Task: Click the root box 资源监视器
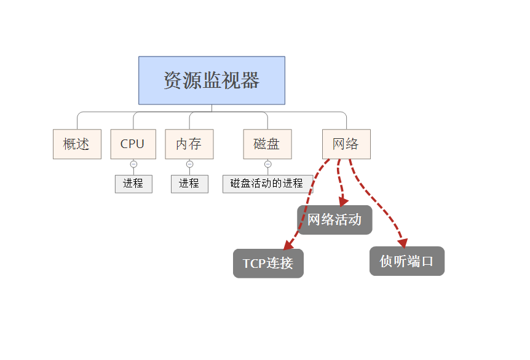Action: (x=212, y=80)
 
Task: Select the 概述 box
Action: (x=77, y=144)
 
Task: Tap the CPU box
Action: (x=133, y=144)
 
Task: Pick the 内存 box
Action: (x=189, y=144)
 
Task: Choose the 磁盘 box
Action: (x=267, y=144)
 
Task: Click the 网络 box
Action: (x=346, y=144)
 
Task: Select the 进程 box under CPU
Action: (x=133, y=183)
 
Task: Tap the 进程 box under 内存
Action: (x=189, y=183)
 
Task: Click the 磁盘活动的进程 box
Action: (x=267, y=183)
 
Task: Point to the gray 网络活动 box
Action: (x=334, y=219)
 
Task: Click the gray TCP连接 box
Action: (x=268, y=264)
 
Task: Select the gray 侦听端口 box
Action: (x=406, y=261)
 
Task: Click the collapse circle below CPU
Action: (x=133, y=164)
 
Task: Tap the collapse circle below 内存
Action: (x=189, y=164)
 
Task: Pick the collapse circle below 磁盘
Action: (x=267, y=164)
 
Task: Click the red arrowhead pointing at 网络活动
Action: (x=343, y=202)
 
